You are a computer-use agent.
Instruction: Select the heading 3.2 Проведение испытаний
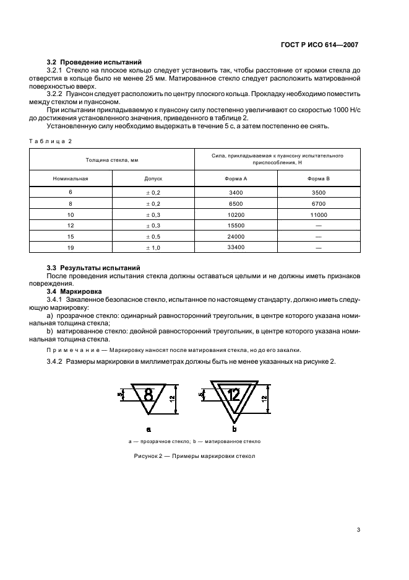pos(94,63)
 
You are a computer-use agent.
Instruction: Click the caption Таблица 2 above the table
pos(51,141)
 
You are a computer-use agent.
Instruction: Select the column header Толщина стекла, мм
pos(113,160)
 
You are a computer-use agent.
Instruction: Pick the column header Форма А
pos(236,178)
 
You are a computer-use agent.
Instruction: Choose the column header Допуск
pos(153,178)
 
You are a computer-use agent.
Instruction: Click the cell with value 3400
pos(236,192)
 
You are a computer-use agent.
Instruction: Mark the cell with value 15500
pos(236,225)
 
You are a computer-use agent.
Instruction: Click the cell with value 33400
pos(236,247)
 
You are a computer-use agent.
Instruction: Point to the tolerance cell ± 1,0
pos(153,247)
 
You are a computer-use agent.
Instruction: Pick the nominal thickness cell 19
pos(71,247)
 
